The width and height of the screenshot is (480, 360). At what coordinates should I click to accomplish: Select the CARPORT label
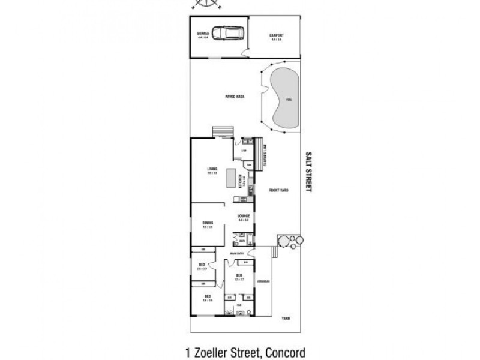(276, 35)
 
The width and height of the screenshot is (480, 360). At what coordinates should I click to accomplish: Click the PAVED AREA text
(235, 96)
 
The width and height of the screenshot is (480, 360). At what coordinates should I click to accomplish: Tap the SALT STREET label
(309, 171)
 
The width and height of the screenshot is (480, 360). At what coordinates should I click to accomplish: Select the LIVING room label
(212, 169)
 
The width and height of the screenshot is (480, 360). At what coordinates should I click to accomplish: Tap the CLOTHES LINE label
(264, 154)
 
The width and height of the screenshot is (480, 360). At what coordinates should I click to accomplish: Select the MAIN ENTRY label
(237, 253)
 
